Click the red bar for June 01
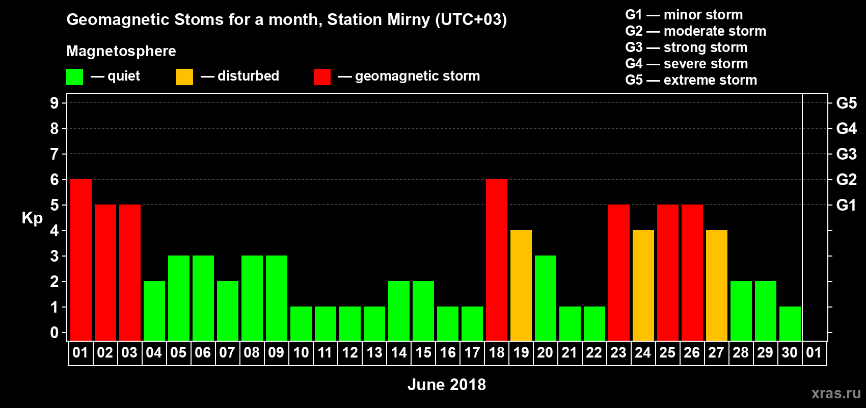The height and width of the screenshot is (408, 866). pyautogui.click(x=81, y=260)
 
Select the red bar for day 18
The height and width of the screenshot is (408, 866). pyautogui.click(x=496, y=260)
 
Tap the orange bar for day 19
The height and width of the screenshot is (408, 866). pyautogui.click(x=521, y=285)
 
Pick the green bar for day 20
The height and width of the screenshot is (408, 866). pyautogui.click(x=546, y=298)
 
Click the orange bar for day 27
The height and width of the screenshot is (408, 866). pyautogui.click(x=716, y=285)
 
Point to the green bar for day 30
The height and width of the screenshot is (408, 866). pyautogui.click(x=790, y=324)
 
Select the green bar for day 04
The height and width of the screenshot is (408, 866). pyautogui.click(x=154, y=311)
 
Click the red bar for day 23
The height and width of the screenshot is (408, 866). pyautogui.click(x=618, y=272)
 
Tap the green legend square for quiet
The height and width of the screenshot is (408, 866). pyautogui.click(x=74, y=76)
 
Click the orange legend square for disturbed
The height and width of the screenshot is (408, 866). pyautogui.click(x=184, y=76)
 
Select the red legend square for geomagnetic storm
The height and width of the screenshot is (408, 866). pyautogui.click(x=322, y=76)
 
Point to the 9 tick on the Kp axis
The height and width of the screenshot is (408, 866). pyautogui.click(x=54, y=103)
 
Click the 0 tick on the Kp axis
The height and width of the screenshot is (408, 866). pyautogui.click(x=54, y=333)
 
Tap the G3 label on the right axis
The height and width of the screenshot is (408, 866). pyautogui.click(x=846, y=154)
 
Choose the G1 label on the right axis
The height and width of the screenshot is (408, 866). pyautogui.click(x=846, y=205)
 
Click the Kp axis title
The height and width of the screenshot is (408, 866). pyautogui.click(x=32, y=218)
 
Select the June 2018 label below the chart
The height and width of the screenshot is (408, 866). pyautogui.click(x=447, y=385)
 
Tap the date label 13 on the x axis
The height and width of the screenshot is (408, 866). pyautogui.click(x=374, y=352)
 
